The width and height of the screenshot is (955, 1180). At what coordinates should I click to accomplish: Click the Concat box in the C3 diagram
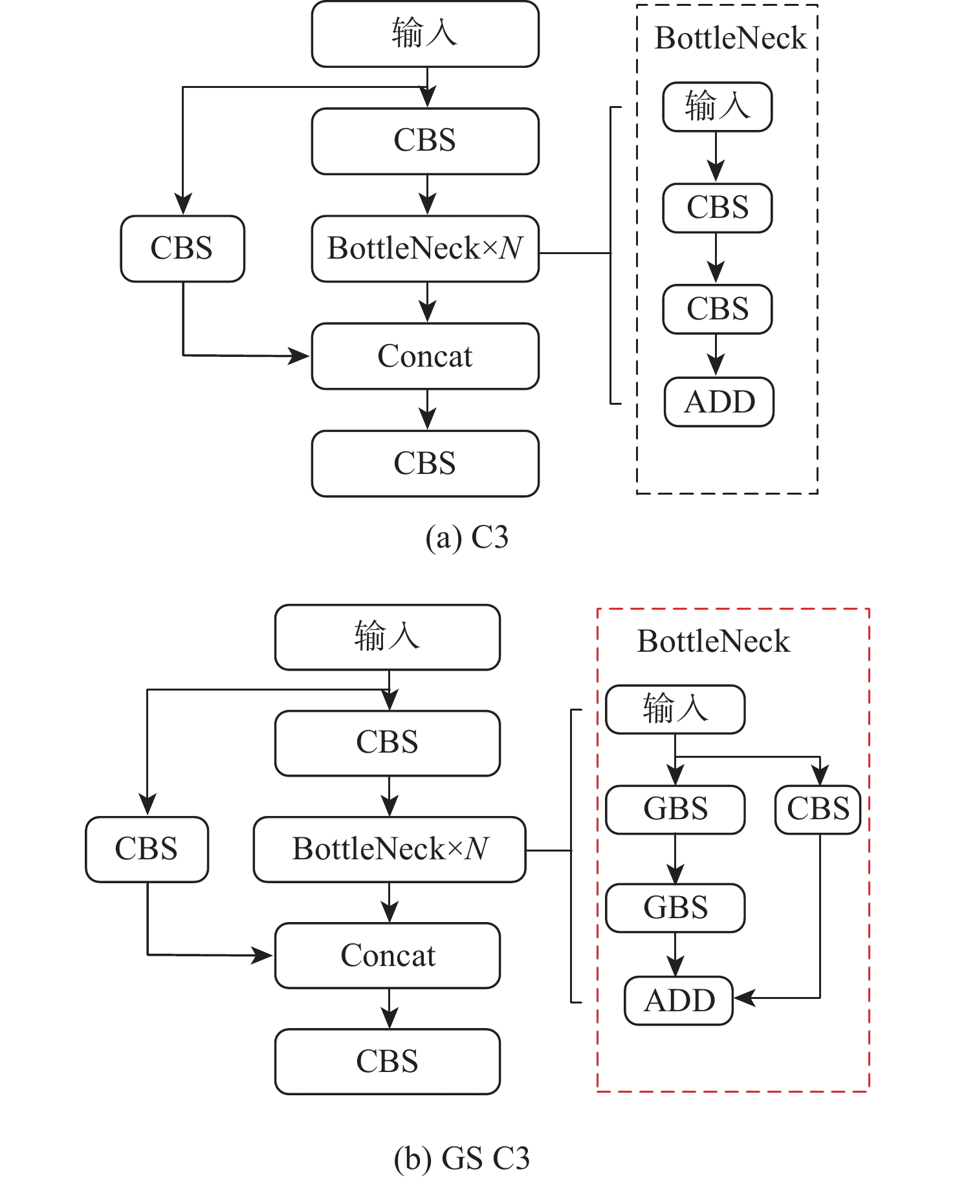(425, 356)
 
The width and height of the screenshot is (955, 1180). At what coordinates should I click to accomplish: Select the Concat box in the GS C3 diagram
(388, 956)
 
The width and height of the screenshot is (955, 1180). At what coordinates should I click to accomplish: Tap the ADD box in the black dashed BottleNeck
(719, 402)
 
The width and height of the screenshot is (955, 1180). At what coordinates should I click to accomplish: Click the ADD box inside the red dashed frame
(679, 1000)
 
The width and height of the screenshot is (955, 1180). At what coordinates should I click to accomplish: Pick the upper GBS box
(675, 810)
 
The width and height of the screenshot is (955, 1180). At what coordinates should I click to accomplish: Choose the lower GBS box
(675, 908)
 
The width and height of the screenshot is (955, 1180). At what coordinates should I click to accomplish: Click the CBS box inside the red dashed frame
(818, 810)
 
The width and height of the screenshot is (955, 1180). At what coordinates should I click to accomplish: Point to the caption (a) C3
(467, 537)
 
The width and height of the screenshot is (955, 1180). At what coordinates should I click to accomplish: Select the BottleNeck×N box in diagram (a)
(425, 249)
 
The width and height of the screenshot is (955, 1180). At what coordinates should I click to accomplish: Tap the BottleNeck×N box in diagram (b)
(390, 850)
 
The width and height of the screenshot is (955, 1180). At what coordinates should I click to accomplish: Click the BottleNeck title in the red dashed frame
(713, 641)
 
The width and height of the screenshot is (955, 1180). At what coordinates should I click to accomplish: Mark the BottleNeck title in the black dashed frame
(730, 38)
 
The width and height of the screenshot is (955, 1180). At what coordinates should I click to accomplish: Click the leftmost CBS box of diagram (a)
(182, 249)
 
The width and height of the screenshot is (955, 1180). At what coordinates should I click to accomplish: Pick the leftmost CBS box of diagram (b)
(147, 850)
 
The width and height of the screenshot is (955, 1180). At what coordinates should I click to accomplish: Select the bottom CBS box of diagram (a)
(425, 464)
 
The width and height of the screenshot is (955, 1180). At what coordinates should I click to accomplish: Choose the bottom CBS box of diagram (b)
(388, 1062)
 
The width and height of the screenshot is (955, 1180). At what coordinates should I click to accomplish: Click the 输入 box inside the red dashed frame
(675, 709)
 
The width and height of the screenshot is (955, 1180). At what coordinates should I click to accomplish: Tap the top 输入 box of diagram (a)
(425, 34)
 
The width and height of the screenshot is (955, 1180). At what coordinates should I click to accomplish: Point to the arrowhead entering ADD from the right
(743, 998)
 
